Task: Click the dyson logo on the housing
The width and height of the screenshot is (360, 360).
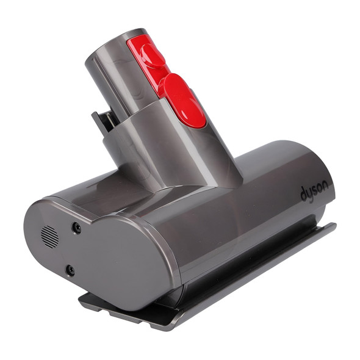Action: tap(314, 192)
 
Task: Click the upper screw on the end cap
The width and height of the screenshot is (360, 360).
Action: tap(77, 228)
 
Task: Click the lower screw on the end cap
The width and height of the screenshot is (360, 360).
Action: tap(71, 269)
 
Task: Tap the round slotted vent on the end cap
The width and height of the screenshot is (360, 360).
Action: tap(50, 237)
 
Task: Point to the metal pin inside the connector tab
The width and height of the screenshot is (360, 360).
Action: tap(107, 122)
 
